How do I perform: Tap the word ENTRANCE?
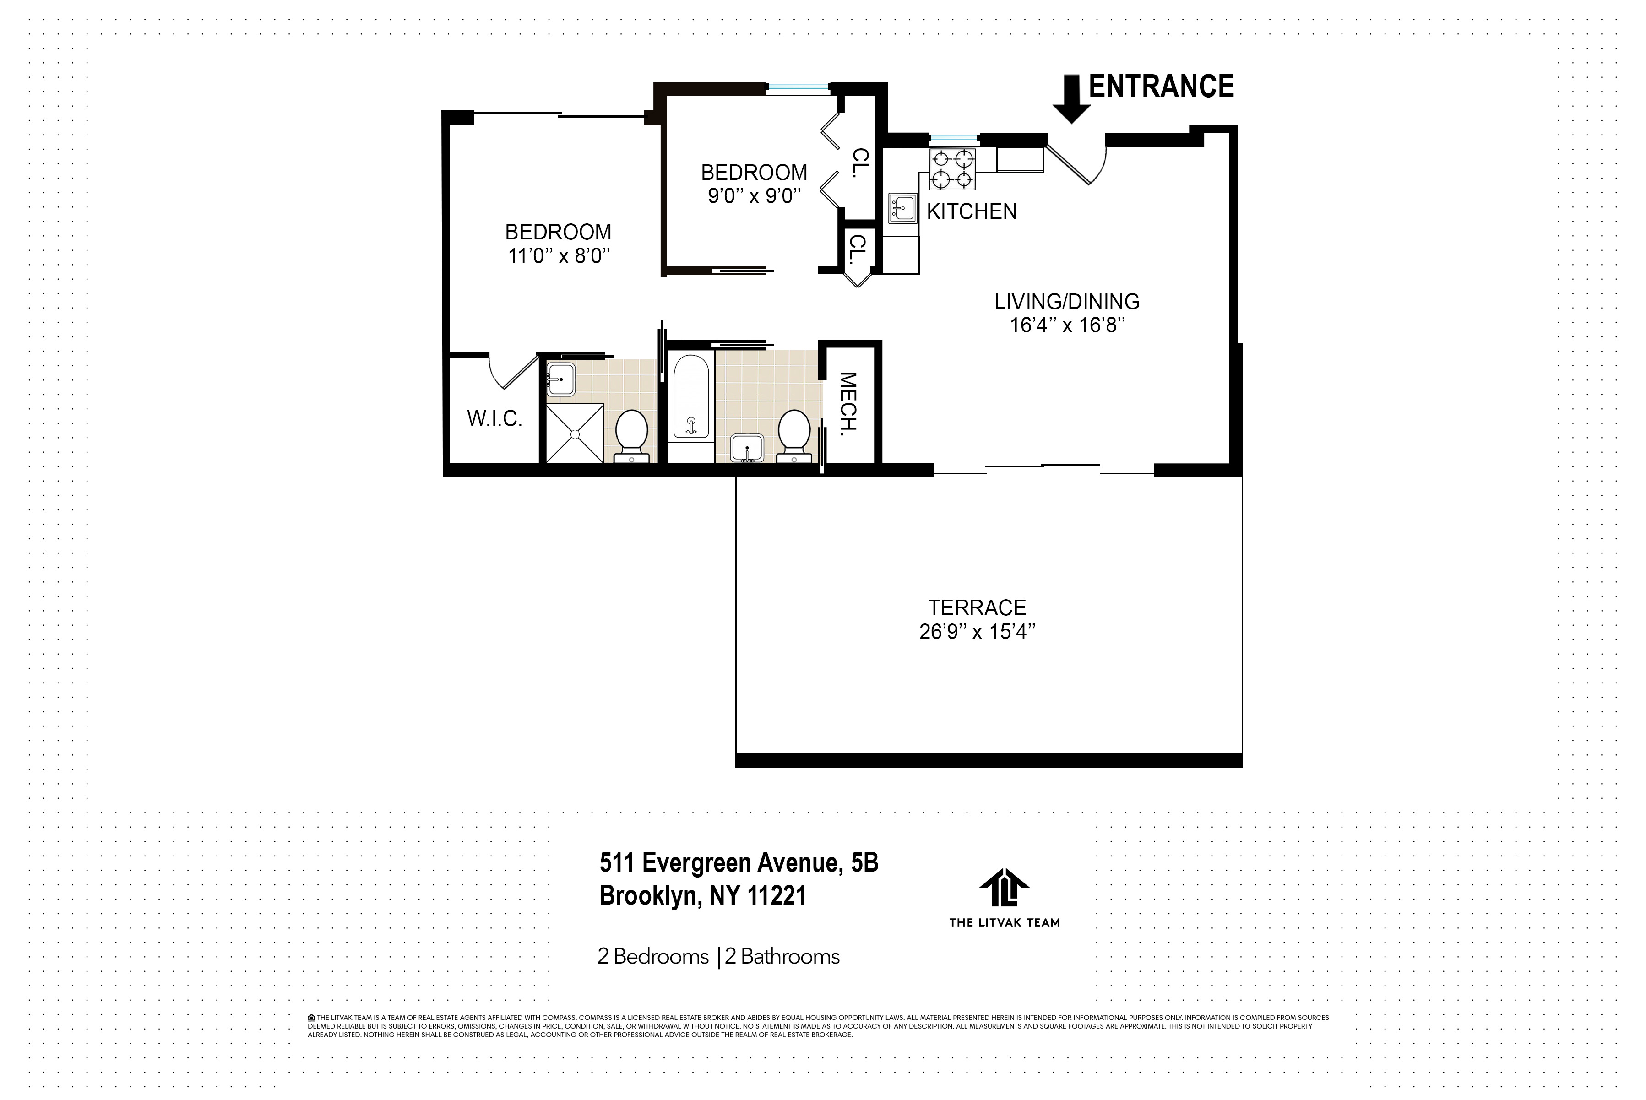pyautogui.click(x=1161, y=87)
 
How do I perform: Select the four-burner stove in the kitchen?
pyautogui.click(x=952, y=169)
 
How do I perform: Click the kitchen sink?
pyautogui.click(x=902, y=208)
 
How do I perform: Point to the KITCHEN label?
pyautogui.click(x=971, y=211)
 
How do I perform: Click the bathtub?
pyautogui.click(x=690, y=396)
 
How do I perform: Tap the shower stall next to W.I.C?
pyautogui.click(x=575, y=433)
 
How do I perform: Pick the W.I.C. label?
pyautogui.click(x=494, y=419)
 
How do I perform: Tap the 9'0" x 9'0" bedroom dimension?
pyautogui.click(x=754, y=196)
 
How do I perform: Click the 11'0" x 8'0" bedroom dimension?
pyautogui.click(x=559, y=255)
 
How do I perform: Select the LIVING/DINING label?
pyautogui.click(x=1066, y=302)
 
